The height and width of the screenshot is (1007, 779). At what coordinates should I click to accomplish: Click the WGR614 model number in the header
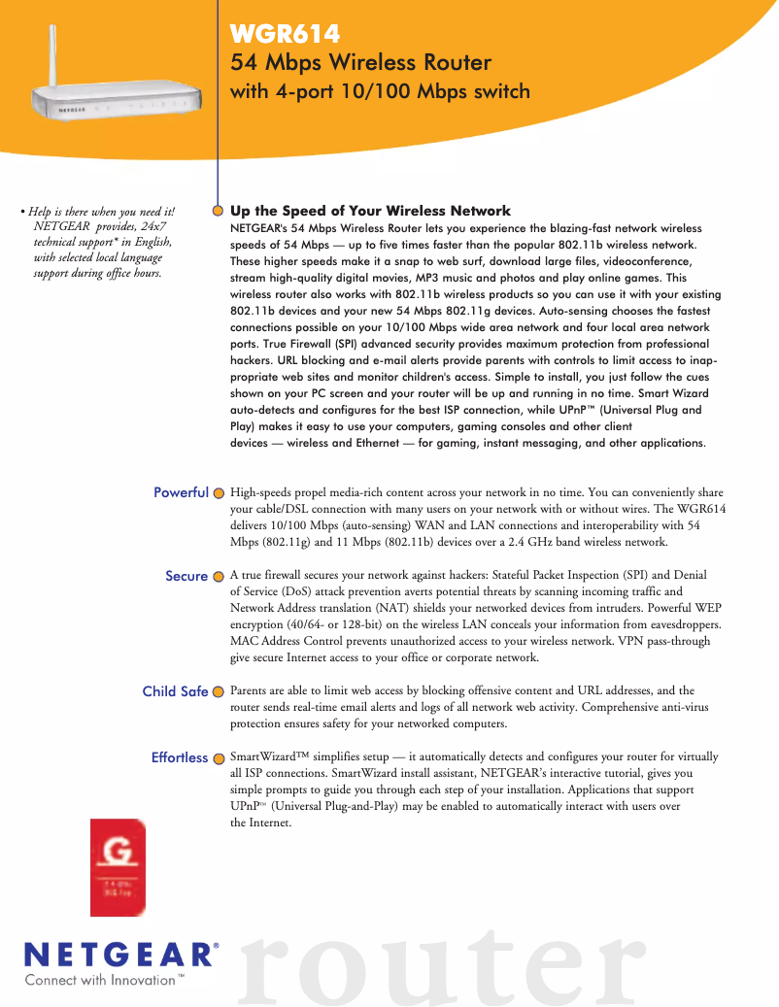(285, 35)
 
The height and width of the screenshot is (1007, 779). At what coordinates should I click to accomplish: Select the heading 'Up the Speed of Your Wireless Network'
(370, 211)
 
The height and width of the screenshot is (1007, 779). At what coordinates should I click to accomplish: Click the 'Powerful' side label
(181, 492)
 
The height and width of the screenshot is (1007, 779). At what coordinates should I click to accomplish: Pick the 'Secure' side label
(186, 576)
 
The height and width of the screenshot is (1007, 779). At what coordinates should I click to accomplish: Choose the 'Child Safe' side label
(175, 691)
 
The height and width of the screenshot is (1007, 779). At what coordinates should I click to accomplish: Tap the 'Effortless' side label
(180, 757)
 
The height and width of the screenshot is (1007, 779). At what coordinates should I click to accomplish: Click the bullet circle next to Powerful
(220, 493)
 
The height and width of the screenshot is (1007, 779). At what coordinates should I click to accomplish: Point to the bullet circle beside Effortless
(220, 757)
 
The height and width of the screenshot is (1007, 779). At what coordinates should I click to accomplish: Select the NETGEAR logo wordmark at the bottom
(119, 955)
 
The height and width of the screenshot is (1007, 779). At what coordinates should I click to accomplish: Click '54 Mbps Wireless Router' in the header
(360, 63)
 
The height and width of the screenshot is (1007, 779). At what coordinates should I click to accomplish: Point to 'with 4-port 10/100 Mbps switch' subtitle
(380, 92)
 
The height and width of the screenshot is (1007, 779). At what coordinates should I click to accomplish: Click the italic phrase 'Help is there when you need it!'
(101, 212)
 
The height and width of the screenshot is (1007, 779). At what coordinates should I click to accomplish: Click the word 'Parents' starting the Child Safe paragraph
(250, 690)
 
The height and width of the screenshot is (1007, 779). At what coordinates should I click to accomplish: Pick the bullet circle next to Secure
(220, 577)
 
